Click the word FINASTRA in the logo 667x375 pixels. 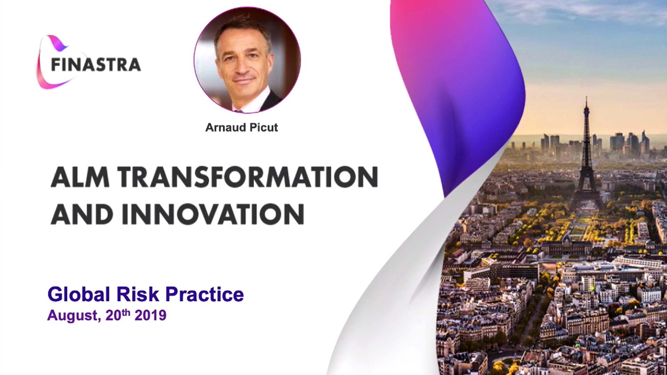click(96, 65)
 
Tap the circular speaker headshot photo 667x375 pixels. click(247, 60)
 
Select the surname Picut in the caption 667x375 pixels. click(264, 127)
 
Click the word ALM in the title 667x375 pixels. click(80, 177)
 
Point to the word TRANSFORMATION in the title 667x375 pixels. click(247, 177)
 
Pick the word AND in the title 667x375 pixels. click(82, 214)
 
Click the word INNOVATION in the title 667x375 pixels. click(213, 214)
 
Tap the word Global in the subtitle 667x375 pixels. click(79, 294)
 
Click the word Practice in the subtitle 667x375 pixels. click(205, 294)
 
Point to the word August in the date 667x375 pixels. click(74, 316)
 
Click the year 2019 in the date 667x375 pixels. click(150, 315)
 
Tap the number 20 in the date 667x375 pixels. click(113, 315)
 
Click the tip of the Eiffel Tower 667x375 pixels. click(586, 97)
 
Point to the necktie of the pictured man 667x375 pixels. click(239, 111)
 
